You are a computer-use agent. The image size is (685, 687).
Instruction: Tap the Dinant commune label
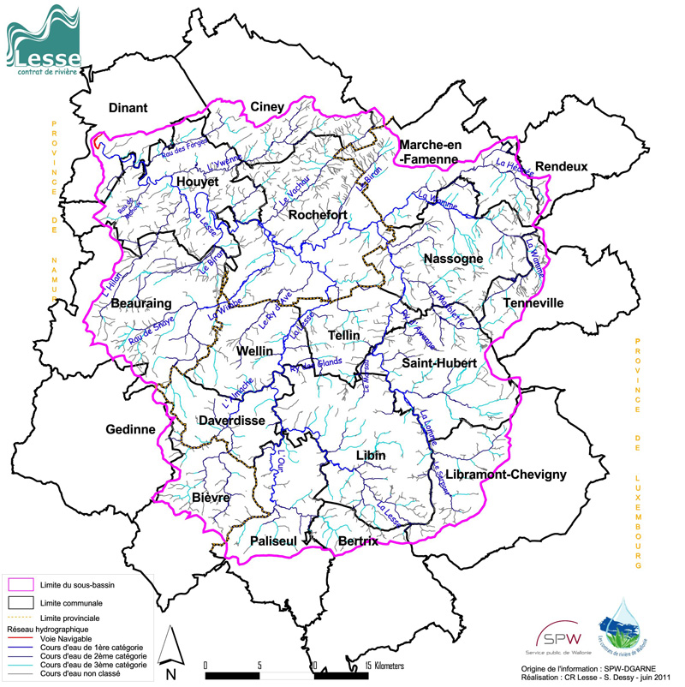tap(128, 108)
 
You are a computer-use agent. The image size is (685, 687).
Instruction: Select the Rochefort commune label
tap(318, 216)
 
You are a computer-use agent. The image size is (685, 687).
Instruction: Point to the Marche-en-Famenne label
tap(431, 151)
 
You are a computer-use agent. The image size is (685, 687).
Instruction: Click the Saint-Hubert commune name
tap(438, 364)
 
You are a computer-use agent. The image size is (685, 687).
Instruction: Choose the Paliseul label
tap(273, 541)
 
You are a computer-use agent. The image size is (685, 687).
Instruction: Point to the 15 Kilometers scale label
tap(384, 665)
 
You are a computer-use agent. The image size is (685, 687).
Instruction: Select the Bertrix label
tap(357, 541)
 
